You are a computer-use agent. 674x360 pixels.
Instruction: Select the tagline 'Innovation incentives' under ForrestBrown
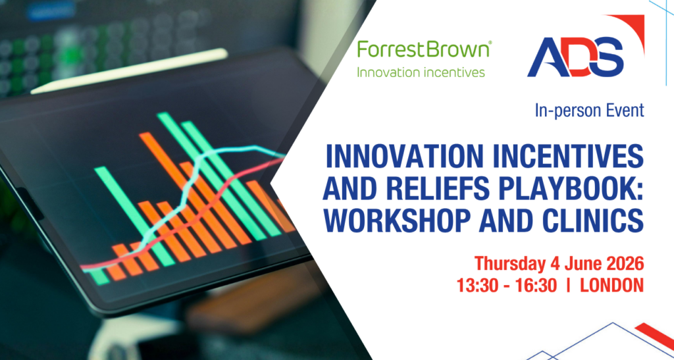[421, 72]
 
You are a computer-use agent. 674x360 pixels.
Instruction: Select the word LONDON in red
[612, 286]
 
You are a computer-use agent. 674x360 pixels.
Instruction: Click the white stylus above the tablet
[129, 71]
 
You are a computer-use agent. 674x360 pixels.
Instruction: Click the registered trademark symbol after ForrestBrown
[490, 43]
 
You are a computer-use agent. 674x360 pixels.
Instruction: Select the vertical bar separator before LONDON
[569, 286]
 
